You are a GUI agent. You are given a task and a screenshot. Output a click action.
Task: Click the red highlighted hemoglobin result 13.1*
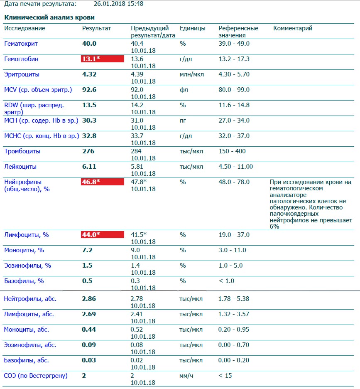tap(102, 59)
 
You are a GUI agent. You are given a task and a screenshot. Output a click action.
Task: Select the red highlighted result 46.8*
tap(102, 182)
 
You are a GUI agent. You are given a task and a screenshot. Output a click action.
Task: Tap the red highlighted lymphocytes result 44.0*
tap(102, 235)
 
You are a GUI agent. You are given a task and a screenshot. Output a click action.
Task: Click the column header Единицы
tap(192, 28)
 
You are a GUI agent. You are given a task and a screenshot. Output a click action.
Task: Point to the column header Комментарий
tap(293, 28)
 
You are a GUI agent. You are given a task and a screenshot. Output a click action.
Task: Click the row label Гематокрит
tap(20, 44)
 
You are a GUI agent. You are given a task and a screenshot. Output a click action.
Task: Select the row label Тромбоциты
tap(22, 151)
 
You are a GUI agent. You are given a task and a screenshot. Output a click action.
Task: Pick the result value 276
tap(88, 151)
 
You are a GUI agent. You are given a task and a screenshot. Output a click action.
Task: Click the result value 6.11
tap(89, 167)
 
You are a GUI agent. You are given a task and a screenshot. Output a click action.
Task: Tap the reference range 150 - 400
tap(232, 151)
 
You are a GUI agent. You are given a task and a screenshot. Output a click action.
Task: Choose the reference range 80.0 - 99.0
tap(234, 90)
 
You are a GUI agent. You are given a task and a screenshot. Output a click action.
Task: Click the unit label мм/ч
tap(186, 376)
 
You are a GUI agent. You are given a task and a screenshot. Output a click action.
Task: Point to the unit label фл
tap(183, 90)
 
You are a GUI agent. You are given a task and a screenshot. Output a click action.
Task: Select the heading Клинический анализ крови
tap(49, 18)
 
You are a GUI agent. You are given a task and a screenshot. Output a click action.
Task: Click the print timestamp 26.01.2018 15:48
tap(119, 4)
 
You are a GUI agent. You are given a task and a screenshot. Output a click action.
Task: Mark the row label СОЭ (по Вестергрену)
tap(36, 376)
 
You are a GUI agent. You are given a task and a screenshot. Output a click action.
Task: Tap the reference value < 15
tap(225, 376)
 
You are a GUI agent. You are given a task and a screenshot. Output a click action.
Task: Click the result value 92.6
tap(89, 90)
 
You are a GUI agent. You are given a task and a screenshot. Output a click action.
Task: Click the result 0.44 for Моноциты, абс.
tap(89, 330)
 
